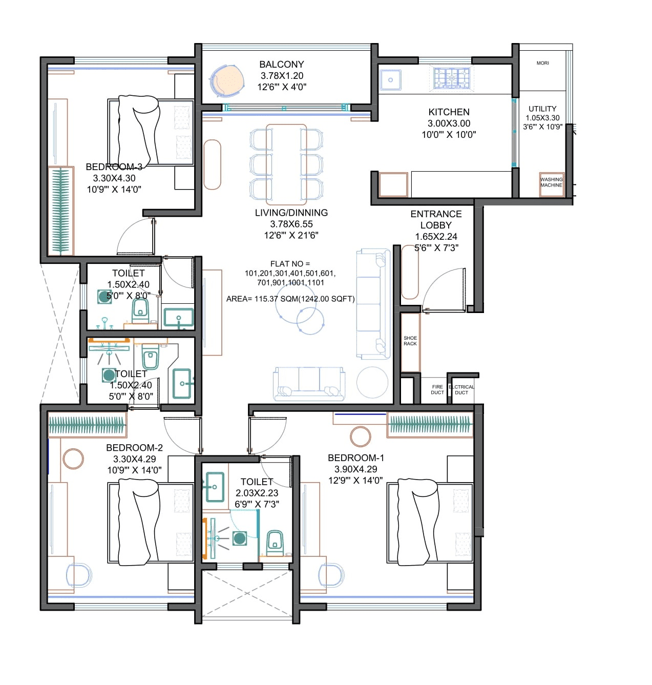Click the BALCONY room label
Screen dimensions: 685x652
point(281,65)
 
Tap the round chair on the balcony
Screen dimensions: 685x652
point(225,81)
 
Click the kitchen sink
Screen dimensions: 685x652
point(390,80)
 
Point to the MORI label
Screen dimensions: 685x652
point(542,63)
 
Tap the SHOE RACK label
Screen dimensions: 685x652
point(410,341)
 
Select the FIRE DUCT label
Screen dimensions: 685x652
point(437,390)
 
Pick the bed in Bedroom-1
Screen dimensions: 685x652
point(430,523)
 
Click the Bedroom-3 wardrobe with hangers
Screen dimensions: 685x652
point(60,211)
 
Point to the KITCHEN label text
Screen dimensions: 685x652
point(449,112)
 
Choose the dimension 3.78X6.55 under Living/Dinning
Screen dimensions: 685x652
point(291,224)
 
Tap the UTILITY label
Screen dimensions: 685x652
point(542,109)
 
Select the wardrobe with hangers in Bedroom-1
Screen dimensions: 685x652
point(430,424)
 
